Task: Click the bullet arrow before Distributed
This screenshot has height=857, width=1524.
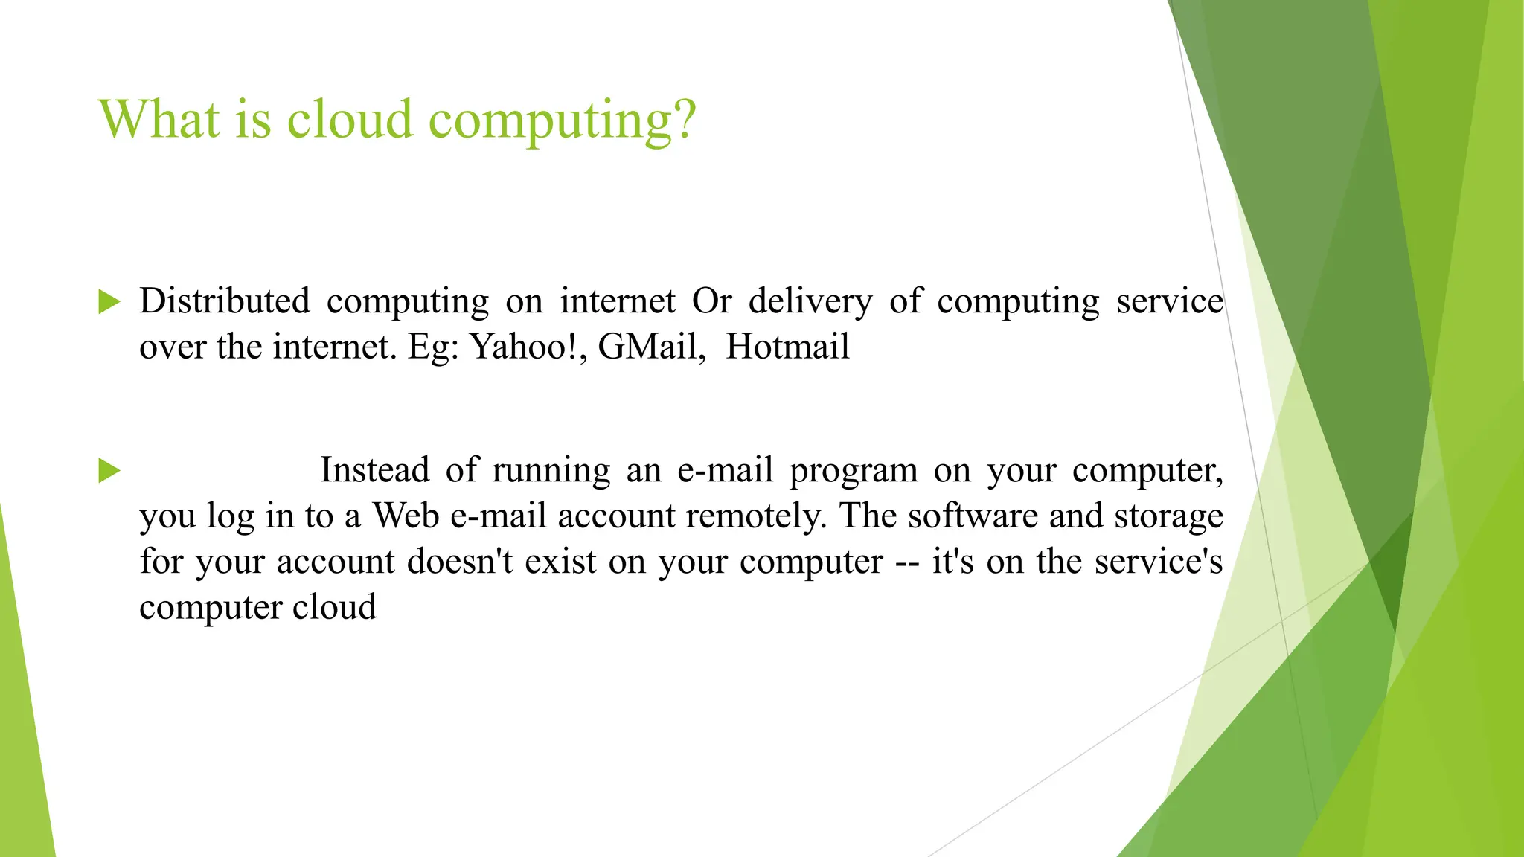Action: pos(109,301)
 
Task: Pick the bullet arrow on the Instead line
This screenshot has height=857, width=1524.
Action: pos(109,470)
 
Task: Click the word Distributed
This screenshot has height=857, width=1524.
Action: pos(224,301)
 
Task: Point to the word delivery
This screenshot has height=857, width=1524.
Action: pos(810,302)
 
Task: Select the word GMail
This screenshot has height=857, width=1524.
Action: pos(651,347)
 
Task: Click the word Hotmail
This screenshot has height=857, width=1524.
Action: pos(787,347)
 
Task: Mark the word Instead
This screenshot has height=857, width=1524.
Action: pos(374,470)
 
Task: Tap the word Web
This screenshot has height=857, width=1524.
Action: pos(406,516)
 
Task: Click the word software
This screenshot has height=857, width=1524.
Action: pos(973,516)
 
